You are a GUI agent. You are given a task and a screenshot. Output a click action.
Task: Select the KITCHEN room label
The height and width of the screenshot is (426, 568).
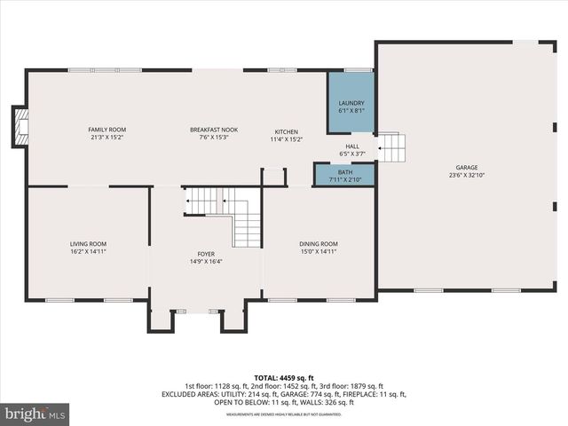pyautogui.click(x=286, y=131)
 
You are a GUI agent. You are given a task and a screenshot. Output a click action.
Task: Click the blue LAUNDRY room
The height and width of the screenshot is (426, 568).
pyautogui.click(x=351, y=104)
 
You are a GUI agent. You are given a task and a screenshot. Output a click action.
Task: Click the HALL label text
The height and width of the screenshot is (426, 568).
pyautogui.click(x=351, y=146)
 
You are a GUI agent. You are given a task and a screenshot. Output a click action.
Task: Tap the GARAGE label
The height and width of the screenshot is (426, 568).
pyautogui.click(x=467, y=167)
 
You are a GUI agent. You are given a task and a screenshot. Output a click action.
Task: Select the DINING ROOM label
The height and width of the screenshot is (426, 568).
pyautogui.click(x=317, y=244)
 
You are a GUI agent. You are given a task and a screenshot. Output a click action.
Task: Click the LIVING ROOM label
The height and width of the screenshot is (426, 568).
pyautogui.click(x=88, y=244)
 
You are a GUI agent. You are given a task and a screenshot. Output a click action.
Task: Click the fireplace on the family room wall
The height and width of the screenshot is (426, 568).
pyautogui.click(x=20, y=127)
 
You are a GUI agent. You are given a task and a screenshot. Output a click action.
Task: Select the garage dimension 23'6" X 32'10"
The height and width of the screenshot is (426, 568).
pyautogui.click(x=467, y=175)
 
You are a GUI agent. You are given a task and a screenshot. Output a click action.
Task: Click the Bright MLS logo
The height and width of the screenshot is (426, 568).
pyautogui.click(x=35, y=413)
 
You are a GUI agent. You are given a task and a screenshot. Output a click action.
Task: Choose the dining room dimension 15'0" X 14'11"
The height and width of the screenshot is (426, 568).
pyautogui.click(x=317, y=252)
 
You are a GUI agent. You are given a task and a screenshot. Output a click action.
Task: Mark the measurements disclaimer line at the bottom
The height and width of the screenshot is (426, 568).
pyautogui.click(x=284, y=414)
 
